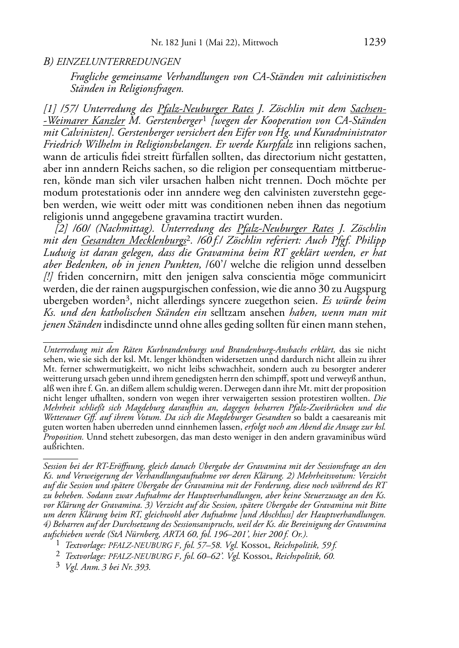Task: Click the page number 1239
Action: coord(374,42)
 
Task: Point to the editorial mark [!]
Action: coord(49,276)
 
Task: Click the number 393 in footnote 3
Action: coord(143,567)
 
